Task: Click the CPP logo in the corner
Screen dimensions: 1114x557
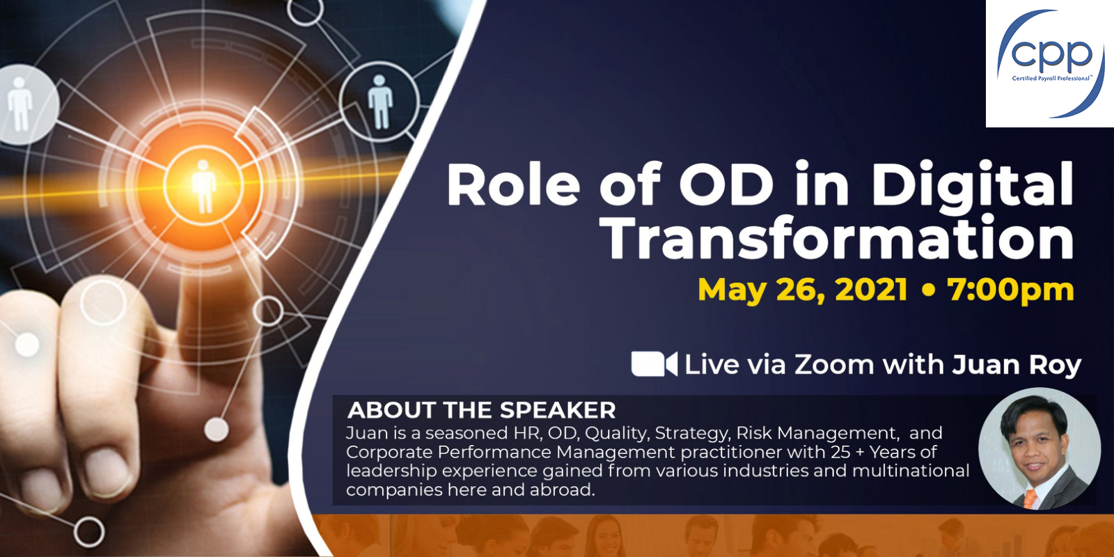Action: coord(1049,63)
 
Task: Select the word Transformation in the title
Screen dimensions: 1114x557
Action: coord(839,238)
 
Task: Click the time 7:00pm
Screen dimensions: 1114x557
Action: coord(1010,290)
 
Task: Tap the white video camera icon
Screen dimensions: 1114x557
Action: coord(654,364)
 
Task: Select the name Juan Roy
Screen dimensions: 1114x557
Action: coord(1017,366)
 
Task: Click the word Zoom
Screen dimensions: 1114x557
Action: coord(834,365)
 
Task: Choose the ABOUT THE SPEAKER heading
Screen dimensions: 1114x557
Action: coord(481,410)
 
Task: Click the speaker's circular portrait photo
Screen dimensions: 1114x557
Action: coord(1040,449)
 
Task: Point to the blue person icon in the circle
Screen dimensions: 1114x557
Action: coord(380,102)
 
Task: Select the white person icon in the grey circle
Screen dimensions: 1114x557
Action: coord(20,104)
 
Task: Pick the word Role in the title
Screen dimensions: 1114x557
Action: coord(513,185)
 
